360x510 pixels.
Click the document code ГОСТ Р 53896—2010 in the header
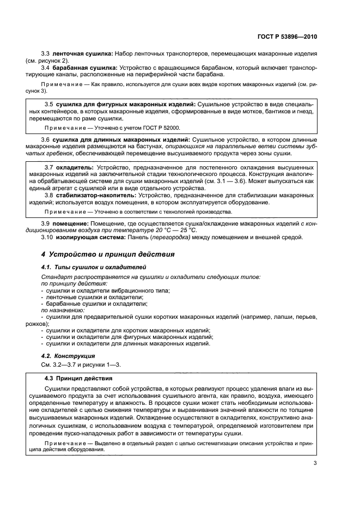click(288, 37)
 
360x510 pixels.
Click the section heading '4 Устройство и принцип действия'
click(108, 255)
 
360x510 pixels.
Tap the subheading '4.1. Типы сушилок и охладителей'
click(94, 268)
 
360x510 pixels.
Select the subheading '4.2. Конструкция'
click(69, 355)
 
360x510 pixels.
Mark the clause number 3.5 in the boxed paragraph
click(48, 103)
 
